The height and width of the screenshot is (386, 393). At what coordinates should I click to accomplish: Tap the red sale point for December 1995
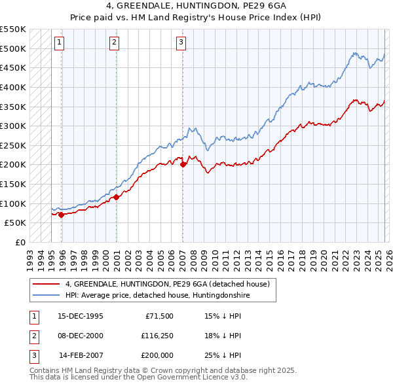click(61, 214)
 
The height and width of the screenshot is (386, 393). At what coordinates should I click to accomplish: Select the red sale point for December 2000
click(116, 196)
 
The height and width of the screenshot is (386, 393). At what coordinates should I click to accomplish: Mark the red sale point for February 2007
click(183, 164)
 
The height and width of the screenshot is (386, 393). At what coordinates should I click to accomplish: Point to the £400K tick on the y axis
click(12, 87)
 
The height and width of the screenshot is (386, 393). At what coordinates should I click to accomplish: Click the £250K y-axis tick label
click(12, 145)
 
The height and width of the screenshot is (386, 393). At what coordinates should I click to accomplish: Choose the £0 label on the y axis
click(19, 242)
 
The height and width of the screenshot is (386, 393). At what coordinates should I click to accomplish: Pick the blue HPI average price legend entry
click(157, 296)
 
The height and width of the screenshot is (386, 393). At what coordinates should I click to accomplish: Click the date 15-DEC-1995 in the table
click(80, 316)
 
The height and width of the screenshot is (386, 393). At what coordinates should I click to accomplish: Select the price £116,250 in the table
click(156, 336)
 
